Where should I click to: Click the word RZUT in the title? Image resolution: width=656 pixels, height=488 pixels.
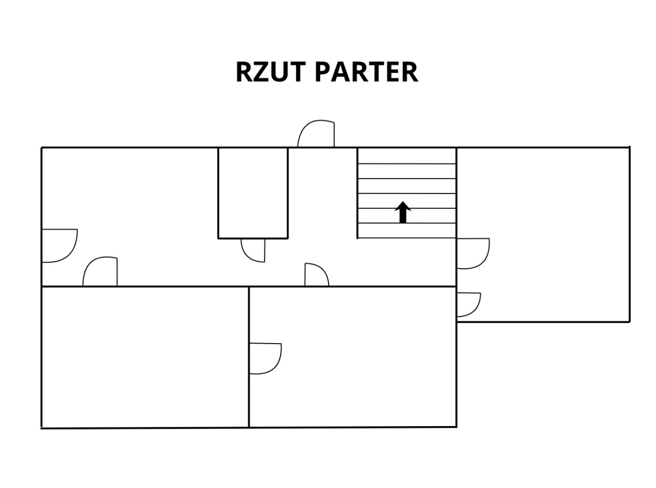click(x=270, y=72)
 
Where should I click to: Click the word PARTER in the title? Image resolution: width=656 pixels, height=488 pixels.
click(x=366, y=72)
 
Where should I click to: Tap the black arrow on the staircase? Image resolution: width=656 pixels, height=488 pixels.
click(x=402, y=212)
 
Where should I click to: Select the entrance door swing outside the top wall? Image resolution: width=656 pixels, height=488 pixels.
click(x=316, y=133)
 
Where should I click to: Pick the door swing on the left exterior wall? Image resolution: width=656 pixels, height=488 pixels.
click(x=60, y=246)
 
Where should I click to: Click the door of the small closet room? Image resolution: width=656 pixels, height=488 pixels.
click(x=253, y=250)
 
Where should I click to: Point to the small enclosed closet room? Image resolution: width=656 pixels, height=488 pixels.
click(x=253, y=193)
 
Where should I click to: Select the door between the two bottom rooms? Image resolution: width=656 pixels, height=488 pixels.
click(x=265, y=359)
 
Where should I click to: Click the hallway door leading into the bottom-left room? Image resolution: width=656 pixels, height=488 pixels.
click(x=100, y=271)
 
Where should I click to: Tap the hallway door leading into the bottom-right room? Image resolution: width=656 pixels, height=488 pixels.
click(x=316, y=274)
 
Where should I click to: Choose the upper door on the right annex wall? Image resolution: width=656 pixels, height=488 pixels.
click(x=473, y=253)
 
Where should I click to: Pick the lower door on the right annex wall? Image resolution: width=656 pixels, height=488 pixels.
click(x=469, y=305)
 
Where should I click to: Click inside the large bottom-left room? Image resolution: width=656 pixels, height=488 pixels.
click(x=145, y=357)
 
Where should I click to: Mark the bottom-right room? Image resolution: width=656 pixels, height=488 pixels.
click(x=353, y=357)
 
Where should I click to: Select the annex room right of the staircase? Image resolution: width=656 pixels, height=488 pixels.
click(x=543, y=235)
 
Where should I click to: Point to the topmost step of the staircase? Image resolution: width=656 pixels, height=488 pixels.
click(x=407, y=156)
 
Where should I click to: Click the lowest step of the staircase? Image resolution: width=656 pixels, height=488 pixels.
click(x=407, y=230)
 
